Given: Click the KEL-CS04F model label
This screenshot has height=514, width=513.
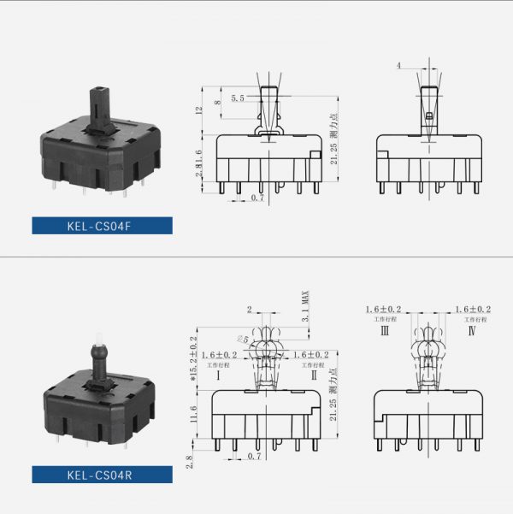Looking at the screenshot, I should click(102, 226).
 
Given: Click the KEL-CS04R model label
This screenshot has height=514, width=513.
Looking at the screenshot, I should click(102, 476).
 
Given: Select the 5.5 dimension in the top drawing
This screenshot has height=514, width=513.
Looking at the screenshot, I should click(237, 99).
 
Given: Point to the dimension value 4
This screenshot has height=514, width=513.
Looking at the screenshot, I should click(398, 66).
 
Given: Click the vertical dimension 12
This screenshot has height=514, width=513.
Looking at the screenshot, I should click(198, 111).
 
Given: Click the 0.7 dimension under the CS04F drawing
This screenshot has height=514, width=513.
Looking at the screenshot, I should click(257, 198).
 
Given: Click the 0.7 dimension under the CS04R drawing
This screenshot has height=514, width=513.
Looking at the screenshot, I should click(254, 458).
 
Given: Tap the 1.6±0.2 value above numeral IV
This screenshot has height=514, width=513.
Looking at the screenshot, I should click(474, 310).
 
